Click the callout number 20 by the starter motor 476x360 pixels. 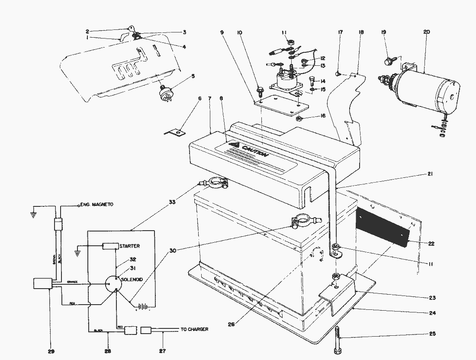[x=427, y=32]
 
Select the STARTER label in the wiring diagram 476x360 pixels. [x=129, y=246]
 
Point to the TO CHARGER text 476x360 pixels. [x=194, y=329]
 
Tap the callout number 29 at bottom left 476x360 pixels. [x=51, y=351]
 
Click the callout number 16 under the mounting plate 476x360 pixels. [x=323, y=116]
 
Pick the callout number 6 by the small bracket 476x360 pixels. [x=199, y=99]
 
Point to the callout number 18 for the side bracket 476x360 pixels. [x=361, y=32]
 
